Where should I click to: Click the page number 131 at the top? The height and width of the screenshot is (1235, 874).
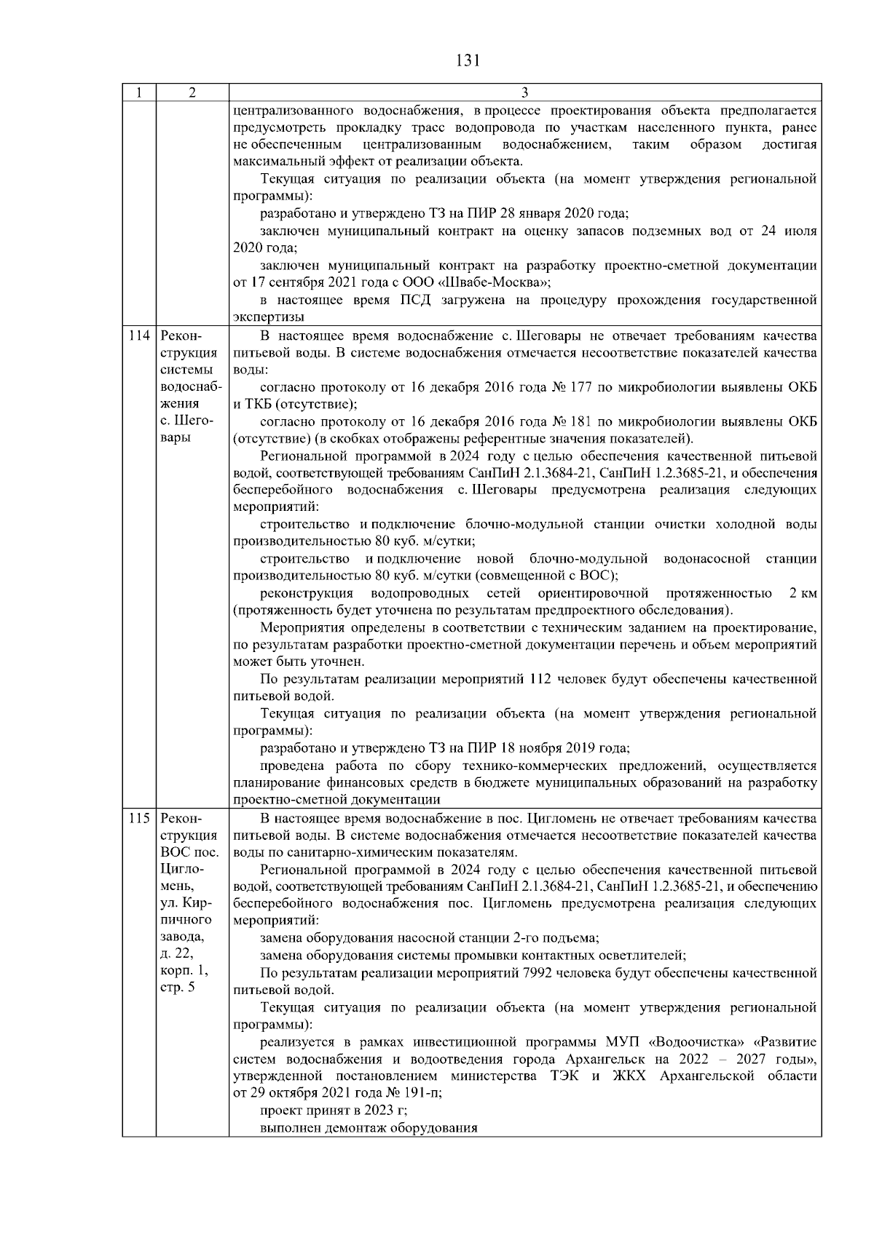coord(467,61)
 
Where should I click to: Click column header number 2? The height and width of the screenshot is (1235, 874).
coord(192,93)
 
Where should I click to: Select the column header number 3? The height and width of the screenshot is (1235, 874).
coord(525,93)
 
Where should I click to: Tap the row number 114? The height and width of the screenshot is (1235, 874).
coord(138,336)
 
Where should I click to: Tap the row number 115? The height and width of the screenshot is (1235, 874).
coord(138,818)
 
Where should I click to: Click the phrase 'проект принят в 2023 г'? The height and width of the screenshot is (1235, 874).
coord(333,1111)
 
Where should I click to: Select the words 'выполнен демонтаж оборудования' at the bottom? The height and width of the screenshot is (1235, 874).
coord(369,1128)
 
